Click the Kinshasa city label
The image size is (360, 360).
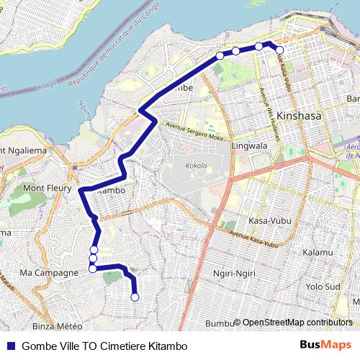point(299,115)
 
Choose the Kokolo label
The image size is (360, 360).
point(195,166)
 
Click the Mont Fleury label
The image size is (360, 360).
point(46,188)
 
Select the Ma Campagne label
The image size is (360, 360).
point(48,273)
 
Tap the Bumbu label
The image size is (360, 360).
point(219,323)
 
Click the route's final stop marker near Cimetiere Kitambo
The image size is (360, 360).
point(135,297)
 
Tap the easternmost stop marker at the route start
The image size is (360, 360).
point(279,50)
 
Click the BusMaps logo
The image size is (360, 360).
point(325,346)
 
